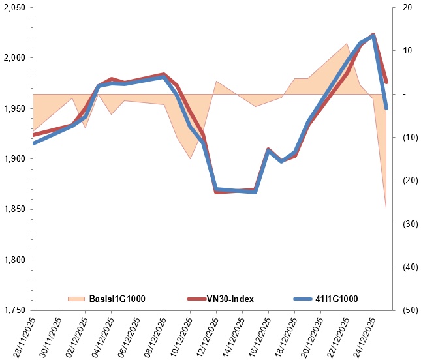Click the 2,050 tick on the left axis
pyautogui.click(x=14, y=7)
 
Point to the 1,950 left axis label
pyautogui.click(x=14, y=108)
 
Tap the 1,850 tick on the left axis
pyautogui.click(x=14, y=209)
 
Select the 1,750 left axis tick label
pyautogui.click(x=14, y=310)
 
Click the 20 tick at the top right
pyautogui.click(x=407, y=7)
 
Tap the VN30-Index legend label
pyautogui.click(x=230, y=299)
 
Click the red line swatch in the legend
pyautogui.click(x=197, y=299)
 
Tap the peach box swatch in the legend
pyautogui.click(x=76, y=299)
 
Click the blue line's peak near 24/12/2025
pyautogui.click(x=373, y=36)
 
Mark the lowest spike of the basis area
pyautogui.click(x=386, y=207)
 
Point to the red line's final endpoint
pyautogui.click(x=386, y=82)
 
